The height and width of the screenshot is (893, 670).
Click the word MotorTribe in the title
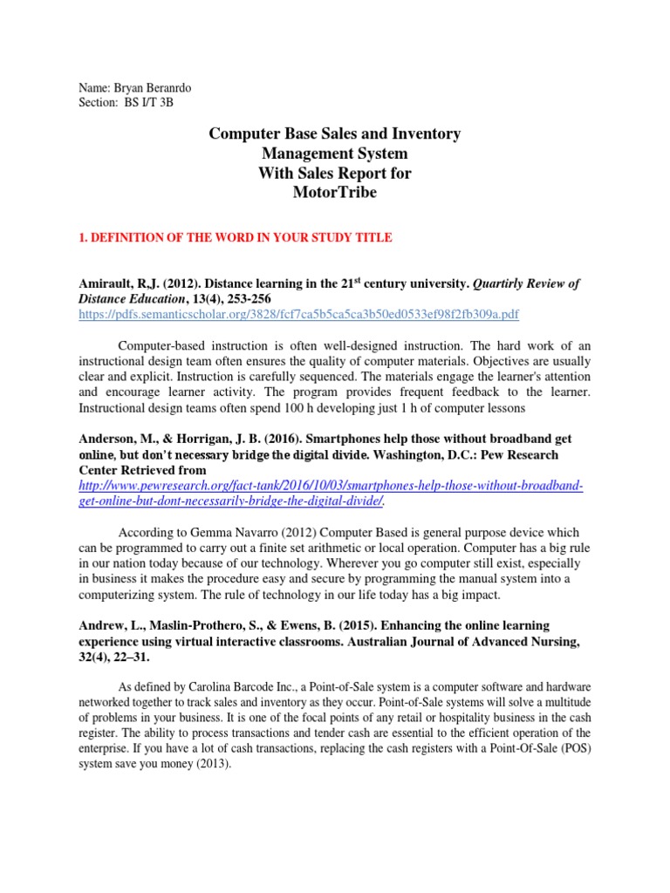tap(335, 193)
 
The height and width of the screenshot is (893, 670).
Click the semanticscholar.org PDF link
tap(299, 314)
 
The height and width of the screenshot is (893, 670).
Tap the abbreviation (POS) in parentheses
tap(572, 748)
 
